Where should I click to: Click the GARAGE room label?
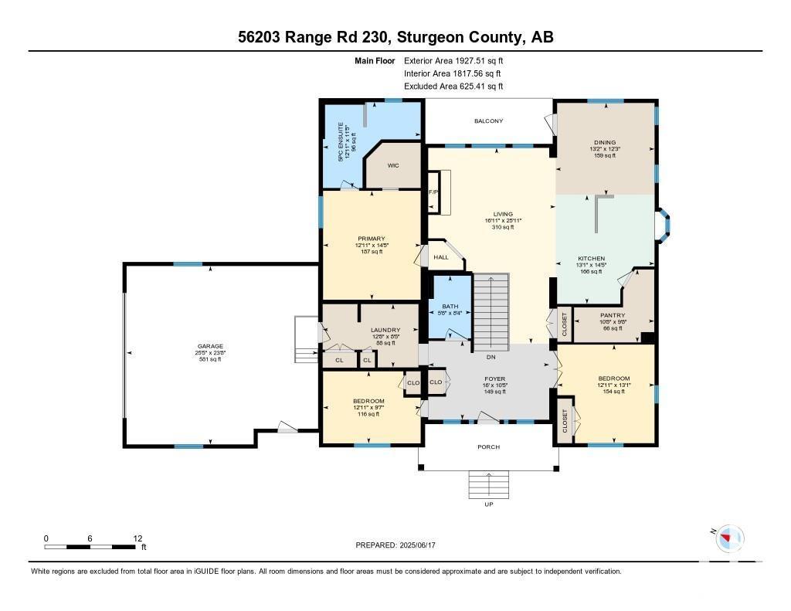[209, 346]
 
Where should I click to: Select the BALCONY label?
[488, 121]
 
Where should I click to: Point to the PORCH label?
[488, 447]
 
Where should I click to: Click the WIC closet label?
[392, 165]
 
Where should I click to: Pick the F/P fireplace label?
[433, 191]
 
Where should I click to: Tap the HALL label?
[440, 257]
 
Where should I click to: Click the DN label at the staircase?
[491, 357]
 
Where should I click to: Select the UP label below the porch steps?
[488, 505]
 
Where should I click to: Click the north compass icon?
[728, 538]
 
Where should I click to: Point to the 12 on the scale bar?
[137, 538]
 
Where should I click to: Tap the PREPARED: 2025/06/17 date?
[400, 545]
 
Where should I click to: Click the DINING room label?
[605, 142]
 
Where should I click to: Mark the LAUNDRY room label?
[364, 330]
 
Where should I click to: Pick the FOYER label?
[488, 378]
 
